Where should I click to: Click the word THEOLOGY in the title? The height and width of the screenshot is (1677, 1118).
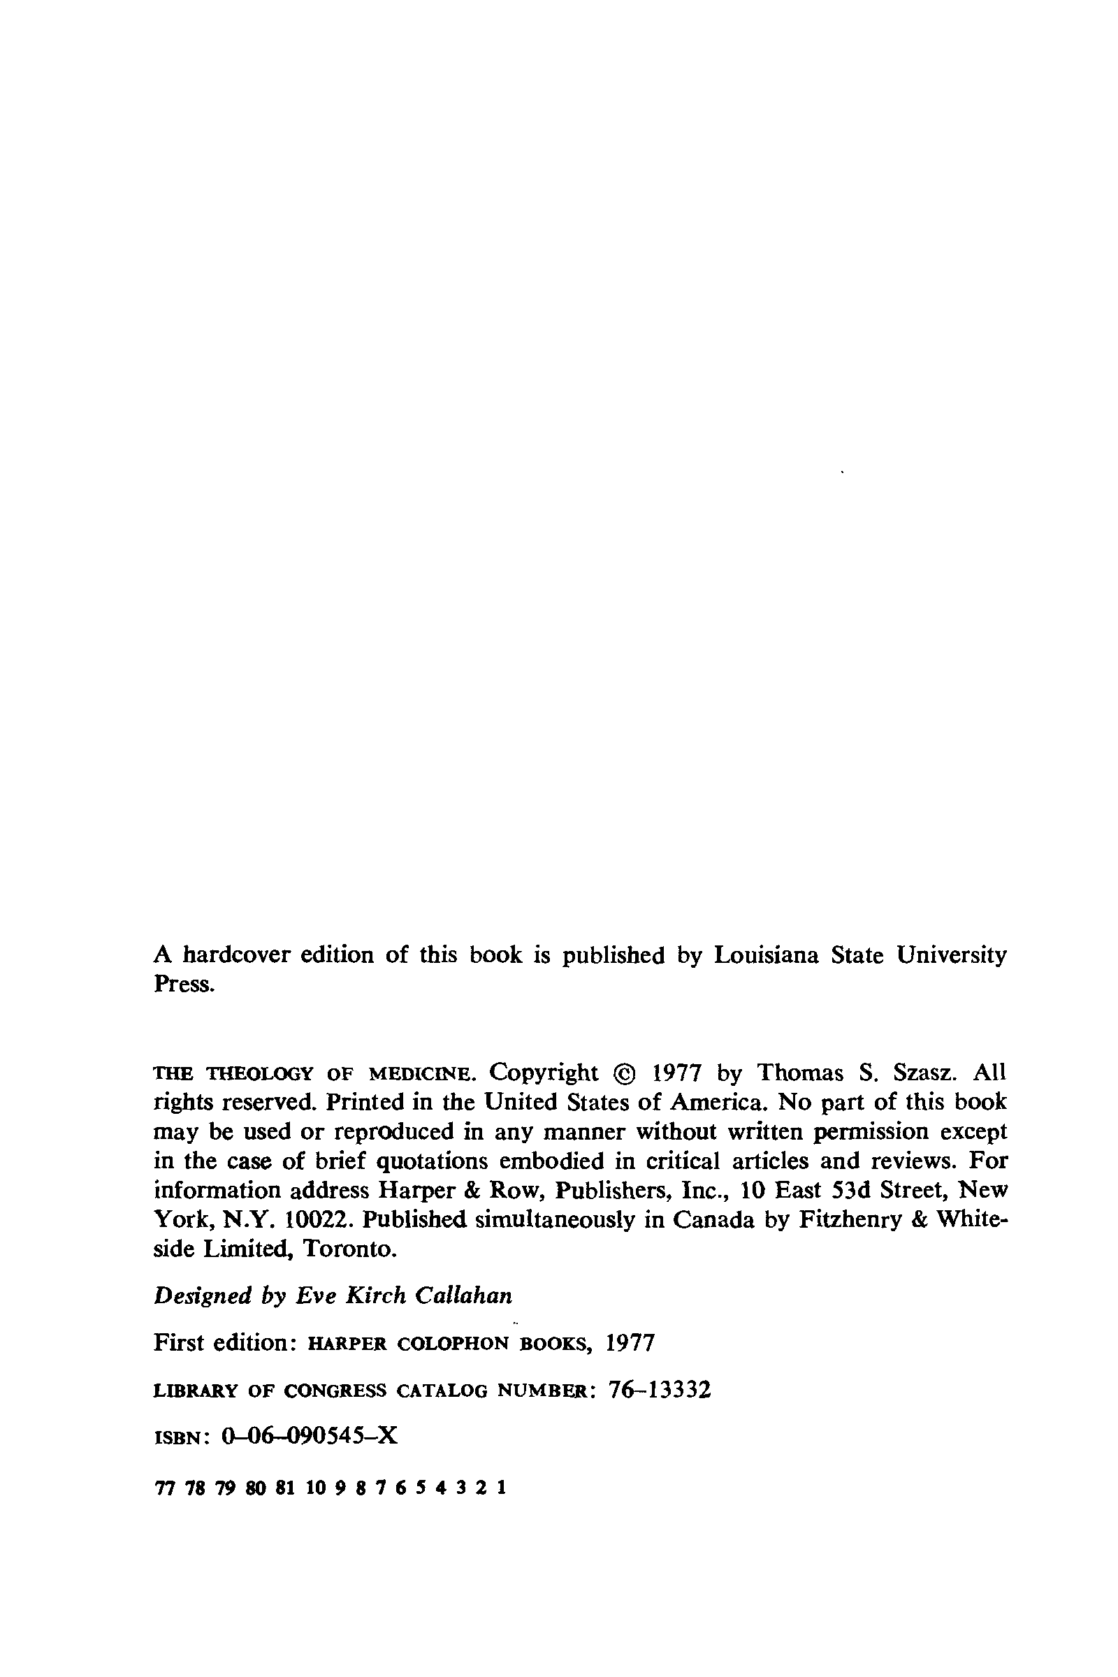pos(260,1074)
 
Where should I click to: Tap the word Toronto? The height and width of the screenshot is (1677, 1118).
pos(349,1249)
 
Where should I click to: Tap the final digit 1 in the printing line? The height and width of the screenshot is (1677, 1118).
pos(502,1488)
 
